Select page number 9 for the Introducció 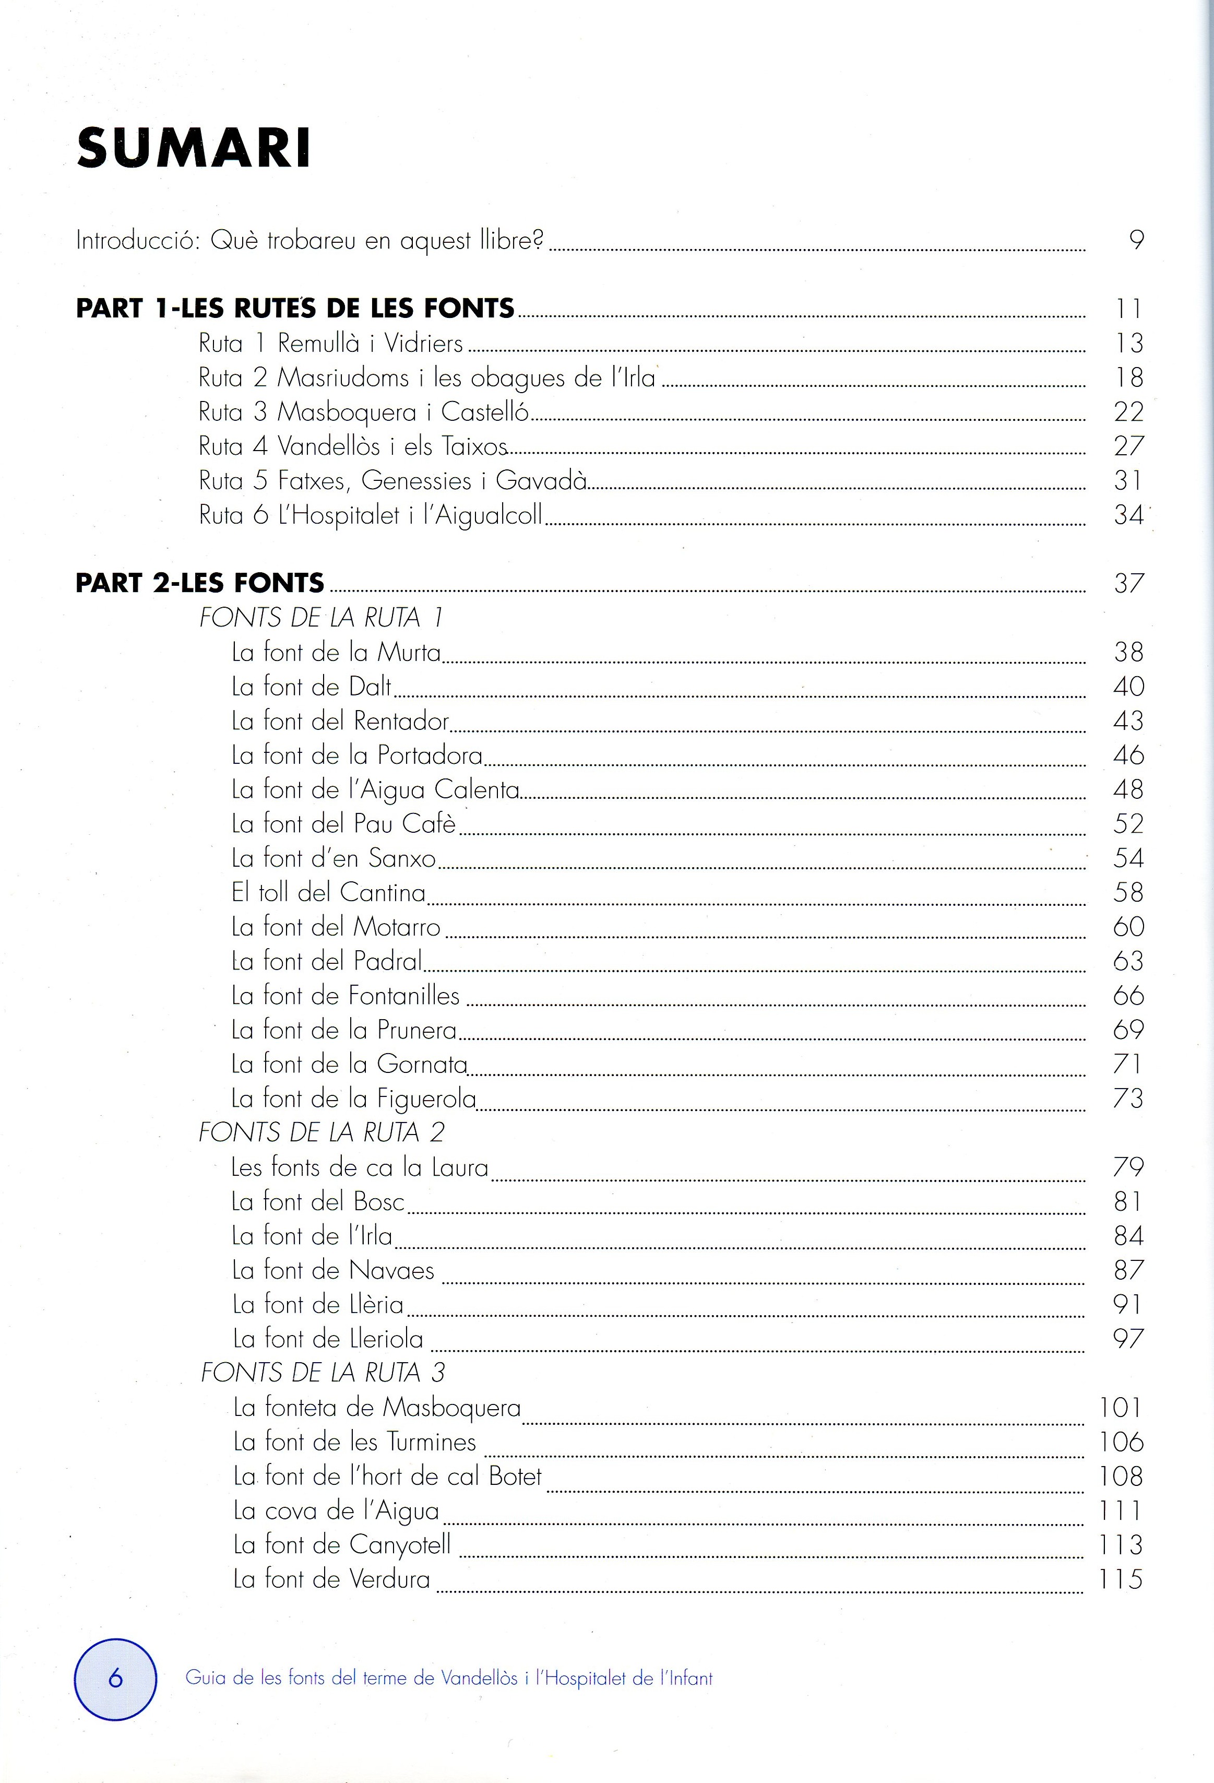pos(1136,240)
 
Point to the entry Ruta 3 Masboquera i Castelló pos(363,412)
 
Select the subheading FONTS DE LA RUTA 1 pos(320,618)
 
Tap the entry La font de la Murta pos(336,652)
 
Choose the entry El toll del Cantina pos(328,892)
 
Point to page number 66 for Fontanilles pos(1128,996)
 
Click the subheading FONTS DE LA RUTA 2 pos(322,1132)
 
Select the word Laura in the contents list pos(459,1168)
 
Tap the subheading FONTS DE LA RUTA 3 pos(322,1373)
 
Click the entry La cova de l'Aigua pos(336,1510)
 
